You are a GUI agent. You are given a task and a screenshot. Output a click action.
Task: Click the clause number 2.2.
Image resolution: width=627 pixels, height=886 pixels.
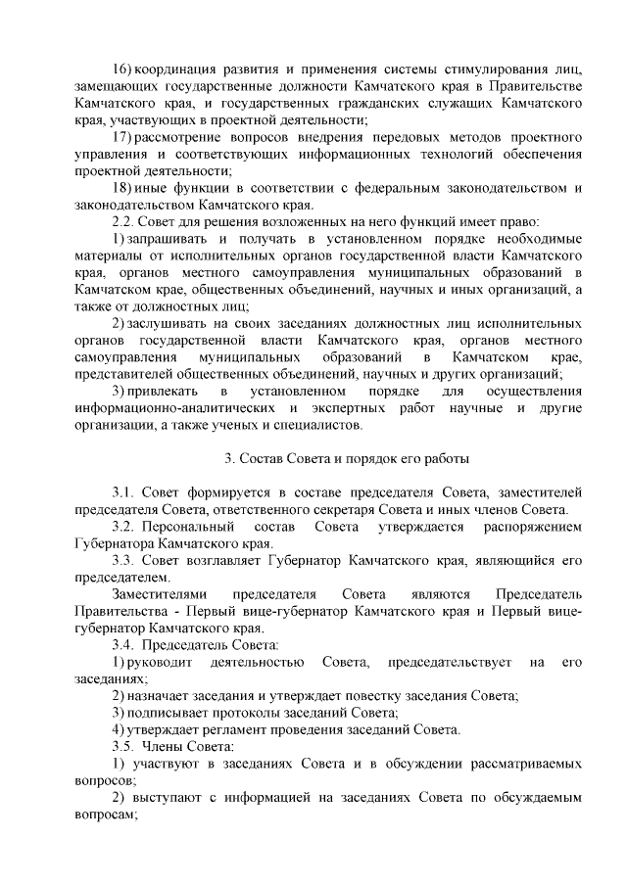coord(124,222)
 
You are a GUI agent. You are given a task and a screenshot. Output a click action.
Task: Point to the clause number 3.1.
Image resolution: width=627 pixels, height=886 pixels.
coord(124,492)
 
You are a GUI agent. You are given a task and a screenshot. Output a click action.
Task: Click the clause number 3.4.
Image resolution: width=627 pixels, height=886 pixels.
coord(123,645)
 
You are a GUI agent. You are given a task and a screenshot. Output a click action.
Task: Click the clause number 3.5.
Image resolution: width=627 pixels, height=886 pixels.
coord(123,746)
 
